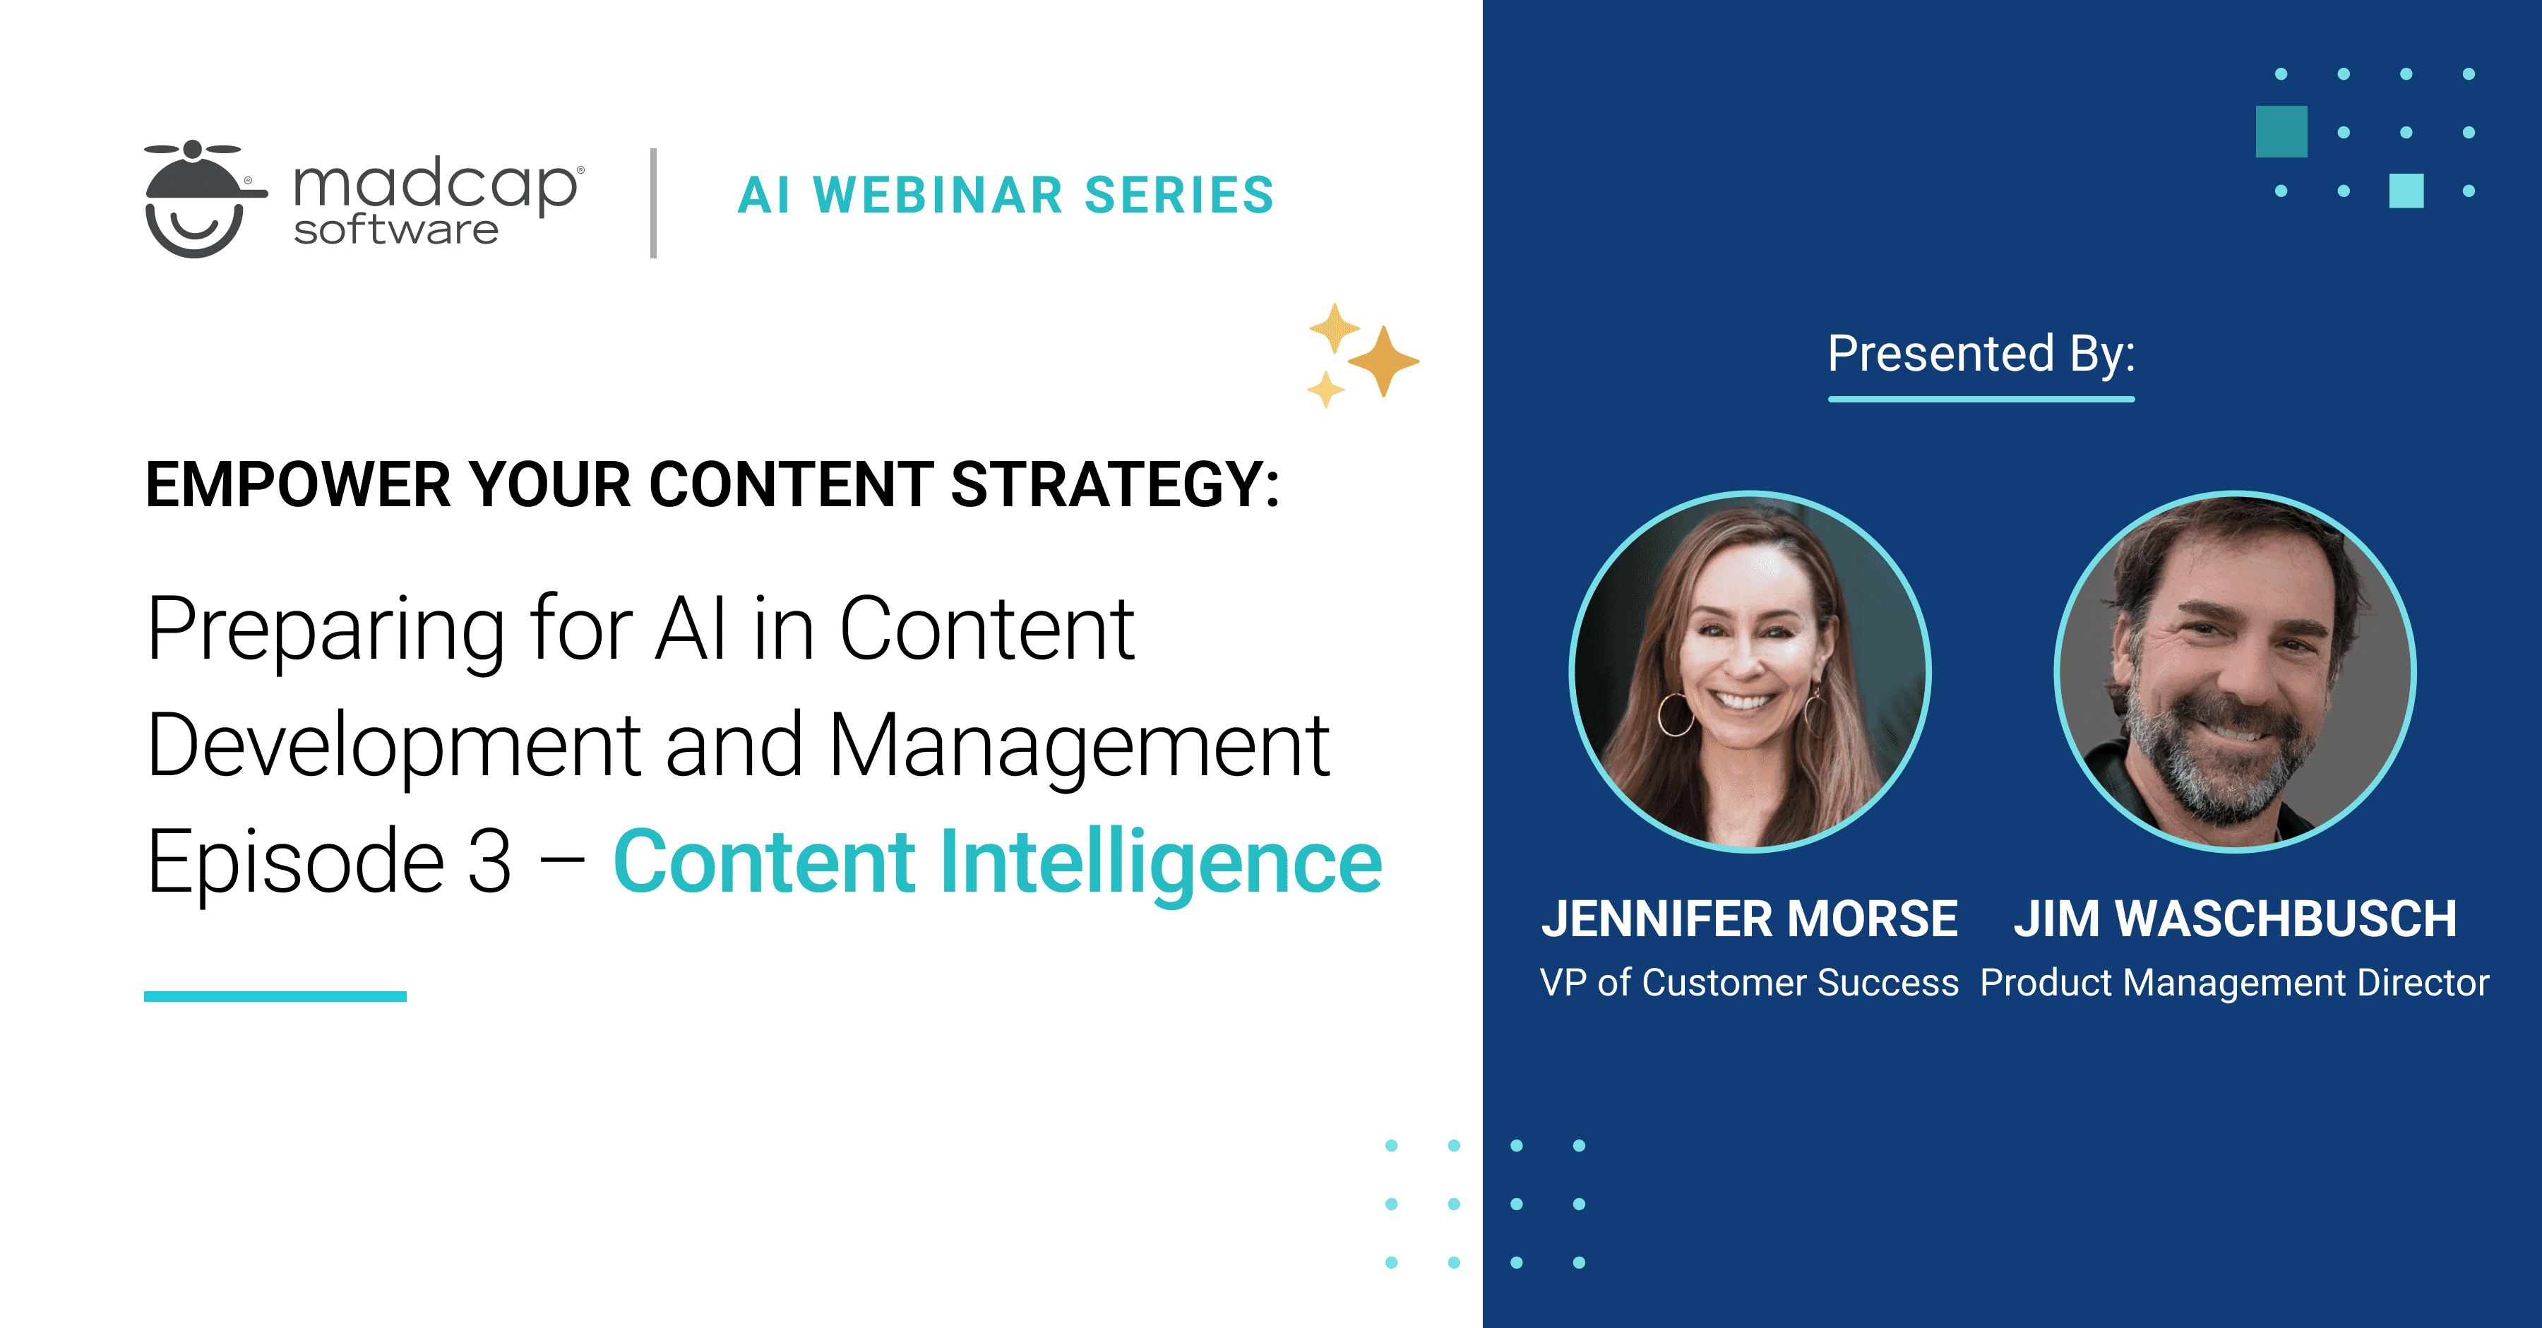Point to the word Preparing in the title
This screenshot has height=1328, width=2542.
tap(326, 631)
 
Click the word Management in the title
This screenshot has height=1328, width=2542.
tap(1078, 747)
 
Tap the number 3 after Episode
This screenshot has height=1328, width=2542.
tap(489, 862)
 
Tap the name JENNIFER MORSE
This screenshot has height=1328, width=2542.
tap(1750, 919)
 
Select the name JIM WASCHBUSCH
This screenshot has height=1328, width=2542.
tap(2235, 919)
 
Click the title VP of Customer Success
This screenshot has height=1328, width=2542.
tap(1748, 983)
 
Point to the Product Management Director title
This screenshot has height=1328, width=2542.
tap(2234, 983)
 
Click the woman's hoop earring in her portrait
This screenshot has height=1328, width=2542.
tap(1676, 714)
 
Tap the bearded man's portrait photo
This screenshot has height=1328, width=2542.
tap(2235, 671)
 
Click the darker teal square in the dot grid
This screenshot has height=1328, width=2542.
tap(2281, 131)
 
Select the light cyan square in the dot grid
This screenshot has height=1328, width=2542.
tap(2406, 191)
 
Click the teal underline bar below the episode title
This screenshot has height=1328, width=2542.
tap(275, 996)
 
